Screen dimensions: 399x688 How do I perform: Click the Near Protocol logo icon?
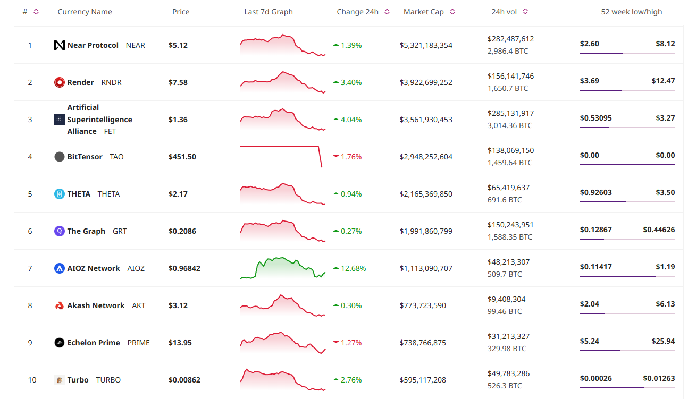tap(60, 45)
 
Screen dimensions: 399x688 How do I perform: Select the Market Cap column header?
tap(423, 12)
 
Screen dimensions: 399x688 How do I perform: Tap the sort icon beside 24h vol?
tap(525, 12)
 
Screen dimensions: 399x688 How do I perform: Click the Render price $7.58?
tap(178, 82)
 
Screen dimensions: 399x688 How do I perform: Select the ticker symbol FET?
tap(110, 131)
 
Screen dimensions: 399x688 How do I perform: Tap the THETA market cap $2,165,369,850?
tap(426, 194)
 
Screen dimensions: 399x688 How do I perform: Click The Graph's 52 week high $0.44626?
tap(659, 230)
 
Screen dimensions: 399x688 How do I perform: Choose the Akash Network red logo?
tap(60, 305)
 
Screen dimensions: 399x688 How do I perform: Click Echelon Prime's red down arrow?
tap(335, 343)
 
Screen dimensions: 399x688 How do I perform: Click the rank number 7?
tap(30, 268)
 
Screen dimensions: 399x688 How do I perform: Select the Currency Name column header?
tap(85, 12)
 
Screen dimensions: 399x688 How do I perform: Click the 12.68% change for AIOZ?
tap(353, 268)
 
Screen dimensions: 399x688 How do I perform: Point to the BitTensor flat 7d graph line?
tap(279, 146)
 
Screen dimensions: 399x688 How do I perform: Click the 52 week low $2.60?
tap(590, 44)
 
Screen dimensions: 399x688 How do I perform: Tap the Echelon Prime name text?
tap(94, 343)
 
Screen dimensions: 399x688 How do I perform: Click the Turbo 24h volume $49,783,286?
tap(508, 373)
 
